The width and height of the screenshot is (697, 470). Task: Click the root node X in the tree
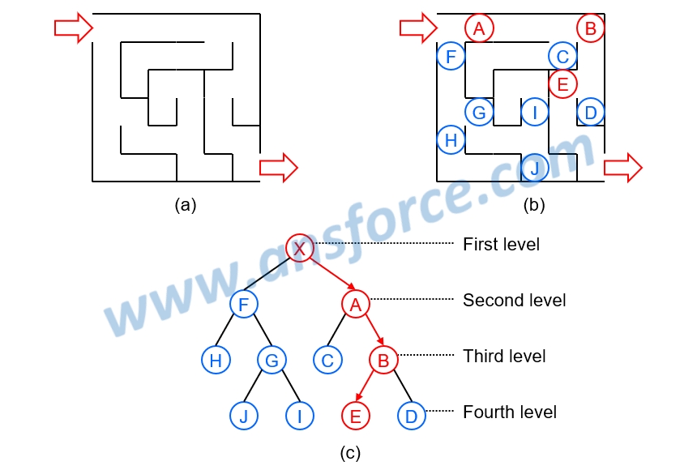pyautogui.click(x=299, y=248)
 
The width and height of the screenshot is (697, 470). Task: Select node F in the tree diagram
pyautogui.click(x=243, y=305)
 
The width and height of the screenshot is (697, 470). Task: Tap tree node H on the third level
pyautogui.click(x=216, y=361)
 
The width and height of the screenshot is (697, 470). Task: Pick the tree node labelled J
pyautogui.click(x=243, y=416)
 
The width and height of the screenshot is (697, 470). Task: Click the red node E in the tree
pyautogui.click(x=355, y=416)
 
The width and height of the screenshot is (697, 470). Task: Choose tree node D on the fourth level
pyautogui.click(x=411, y=416)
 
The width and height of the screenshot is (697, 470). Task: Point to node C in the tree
pyautogui.click(x=327, y=361)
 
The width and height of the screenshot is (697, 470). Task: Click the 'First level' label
pyautogui.click(x=501, y=244)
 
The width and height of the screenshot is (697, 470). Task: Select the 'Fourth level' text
pyautogui.click(x=509, y=412)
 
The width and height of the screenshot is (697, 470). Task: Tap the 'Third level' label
pyautogui.click(x=504, y=357)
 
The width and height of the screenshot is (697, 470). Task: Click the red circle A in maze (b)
pyautogui.click(x=479, y=28)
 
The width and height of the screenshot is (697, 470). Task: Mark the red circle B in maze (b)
pyautogui.click(x=591, y=29)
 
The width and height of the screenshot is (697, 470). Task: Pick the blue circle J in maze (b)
pyautogui.click(x=534, y=168)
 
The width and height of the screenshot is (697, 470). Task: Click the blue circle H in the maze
pyautogui.click(x=451, y=140)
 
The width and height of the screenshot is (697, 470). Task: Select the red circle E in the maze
pyautogui.click(x=562, y=83)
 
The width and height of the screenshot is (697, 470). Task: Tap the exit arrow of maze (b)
pyautogui.click(x=622, y=168)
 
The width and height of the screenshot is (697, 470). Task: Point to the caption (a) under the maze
pyautogui.click(x=186, y=205)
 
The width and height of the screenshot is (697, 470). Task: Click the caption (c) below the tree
pyautogui.click(x=349, y=452)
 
